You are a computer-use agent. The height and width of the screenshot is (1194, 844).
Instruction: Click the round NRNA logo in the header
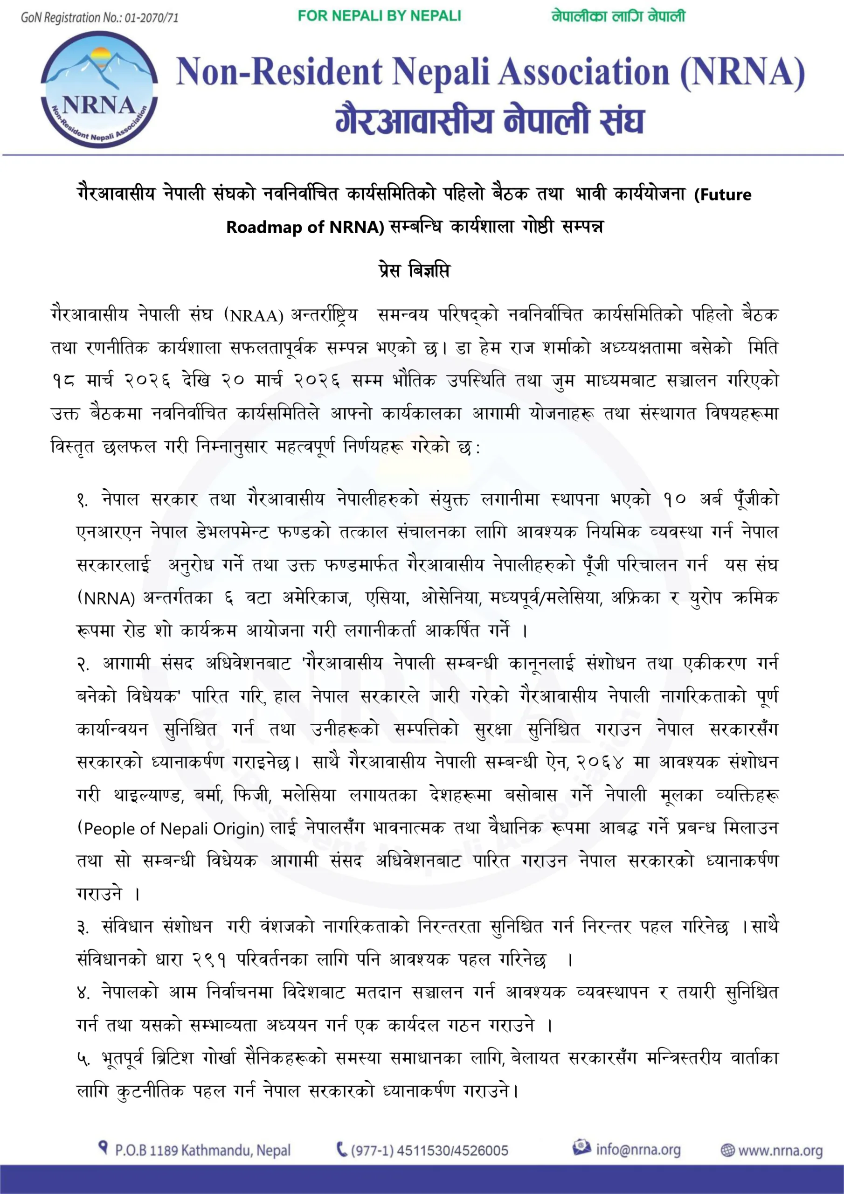tap(99, 90)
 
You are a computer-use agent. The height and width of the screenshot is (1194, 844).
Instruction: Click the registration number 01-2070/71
tap(152, 18)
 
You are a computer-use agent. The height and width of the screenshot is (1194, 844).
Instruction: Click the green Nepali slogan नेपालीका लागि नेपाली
tap(618, 16)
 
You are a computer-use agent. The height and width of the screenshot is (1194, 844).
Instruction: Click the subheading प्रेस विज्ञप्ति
tap(414, 271)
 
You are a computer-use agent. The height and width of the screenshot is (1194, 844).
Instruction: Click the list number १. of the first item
tap(83, 500)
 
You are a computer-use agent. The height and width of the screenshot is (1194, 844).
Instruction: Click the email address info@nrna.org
tap(637, 1149)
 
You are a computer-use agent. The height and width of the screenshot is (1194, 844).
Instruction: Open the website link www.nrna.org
tap(780, 1150)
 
